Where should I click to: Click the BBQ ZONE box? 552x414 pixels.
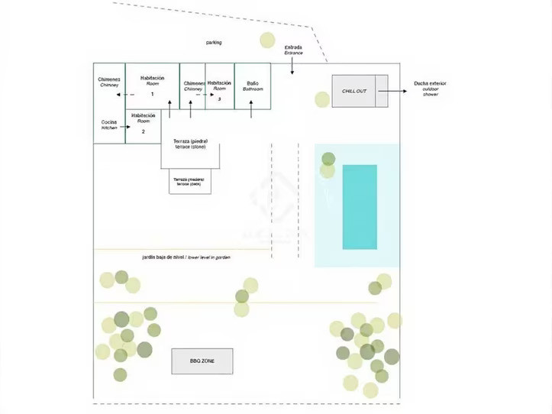pyautogui.click(x=202, y=361)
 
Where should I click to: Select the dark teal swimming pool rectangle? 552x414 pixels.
pyautogui.click(x=359, y=206)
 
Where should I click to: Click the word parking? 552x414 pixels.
pyautogui.click(x=214, y=43)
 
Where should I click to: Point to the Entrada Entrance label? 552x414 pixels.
pyautogui.click(x=293, y=50)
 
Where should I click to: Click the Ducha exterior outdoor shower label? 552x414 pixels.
pyautogui.click(x=430, y=87)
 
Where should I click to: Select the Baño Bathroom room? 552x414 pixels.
pyautogui.click(x=253, y=86)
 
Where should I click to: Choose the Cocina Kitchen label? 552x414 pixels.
pyautogui.click(x=109, y=125)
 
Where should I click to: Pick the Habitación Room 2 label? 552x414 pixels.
pyautogui.click(x=143, y=122)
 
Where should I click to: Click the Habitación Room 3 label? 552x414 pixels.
pyautogui.click(x=219, y=88)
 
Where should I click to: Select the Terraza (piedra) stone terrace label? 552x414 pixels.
pyautogui.click(x=191, y=144)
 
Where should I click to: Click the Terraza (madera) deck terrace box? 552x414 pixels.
pyautogui.click(x=189, y=182)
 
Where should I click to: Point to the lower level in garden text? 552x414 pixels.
pyautogui.click(x=186, y=257)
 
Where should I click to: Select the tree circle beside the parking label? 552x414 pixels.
pyautogui.click(x=267, y=40)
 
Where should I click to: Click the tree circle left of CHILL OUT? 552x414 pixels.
pyautogui.click(x=322, y=99)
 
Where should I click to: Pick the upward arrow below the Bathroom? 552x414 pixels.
pyautogui.click(x=253, y=111)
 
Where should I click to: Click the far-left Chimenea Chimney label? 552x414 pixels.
pyautogui.click(x=109, y=82)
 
